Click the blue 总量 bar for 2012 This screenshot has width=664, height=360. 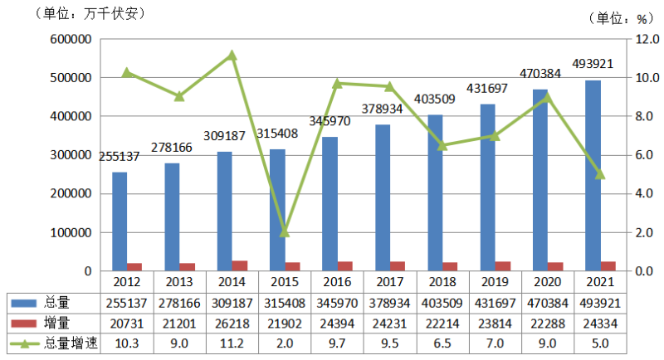click(120, 221)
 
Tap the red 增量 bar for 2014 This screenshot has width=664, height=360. click(239, 265)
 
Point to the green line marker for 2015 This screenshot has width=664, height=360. click(285, 232)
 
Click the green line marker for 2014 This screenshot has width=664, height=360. click(232, 56)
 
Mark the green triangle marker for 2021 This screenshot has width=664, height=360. click(600, 174)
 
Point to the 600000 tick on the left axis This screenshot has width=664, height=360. click(70, 39)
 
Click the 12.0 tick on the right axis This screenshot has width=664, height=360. click(644, 39)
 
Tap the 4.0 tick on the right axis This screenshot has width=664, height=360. click(644, 194)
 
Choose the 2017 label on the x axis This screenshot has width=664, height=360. click(389, 282)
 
